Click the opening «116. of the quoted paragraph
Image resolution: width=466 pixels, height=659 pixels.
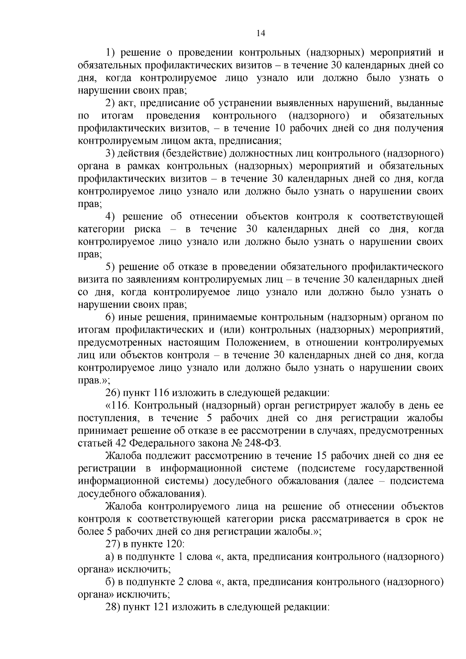(x=119, y=405)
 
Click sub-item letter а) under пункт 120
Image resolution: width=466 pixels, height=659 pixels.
(x=110, y=556)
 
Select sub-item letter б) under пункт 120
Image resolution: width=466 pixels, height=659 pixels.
(x=110, y=582)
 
